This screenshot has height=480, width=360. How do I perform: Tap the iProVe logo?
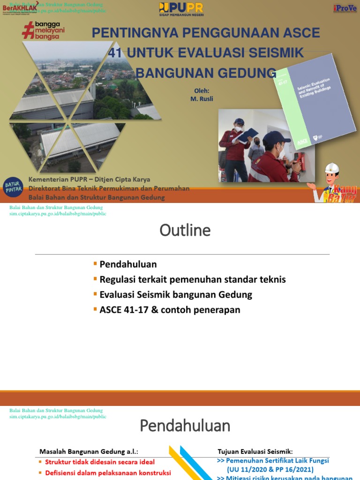345,8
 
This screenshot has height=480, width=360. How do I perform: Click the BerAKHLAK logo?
20,8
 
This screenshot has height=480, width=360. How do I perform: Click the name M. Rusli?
202,99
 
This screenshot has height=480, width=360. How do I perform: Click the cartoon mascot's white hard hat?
332,169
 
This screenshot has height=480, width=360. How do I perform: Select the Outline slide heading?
185,231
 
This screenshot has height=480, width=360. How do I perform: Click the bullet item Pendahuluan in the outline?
128,264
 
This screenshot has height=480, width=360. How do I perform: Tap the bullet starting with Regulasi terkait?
192,279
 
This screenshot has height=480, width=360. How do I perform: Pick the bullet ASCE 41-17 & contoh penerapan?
170,310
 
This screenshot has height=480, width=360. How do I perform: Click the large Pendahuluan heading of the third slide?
185,426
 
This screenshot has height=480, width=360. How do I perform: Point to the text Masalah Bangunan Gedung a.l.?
89,452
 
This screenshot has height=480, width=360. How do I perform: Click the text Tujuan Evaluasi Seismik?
255,452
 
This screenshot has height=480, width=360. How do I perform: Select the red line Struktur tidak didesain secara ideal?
100,462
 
